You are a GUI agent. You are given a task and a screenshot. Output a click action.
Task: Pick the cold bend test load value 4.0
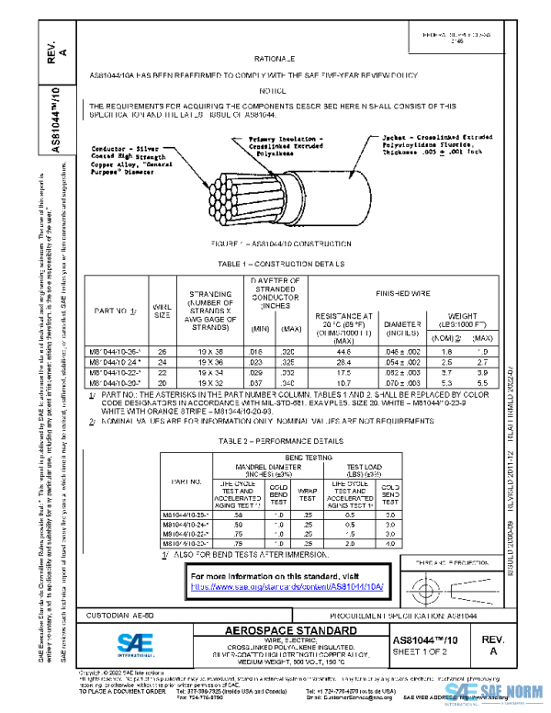point(389,543)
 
